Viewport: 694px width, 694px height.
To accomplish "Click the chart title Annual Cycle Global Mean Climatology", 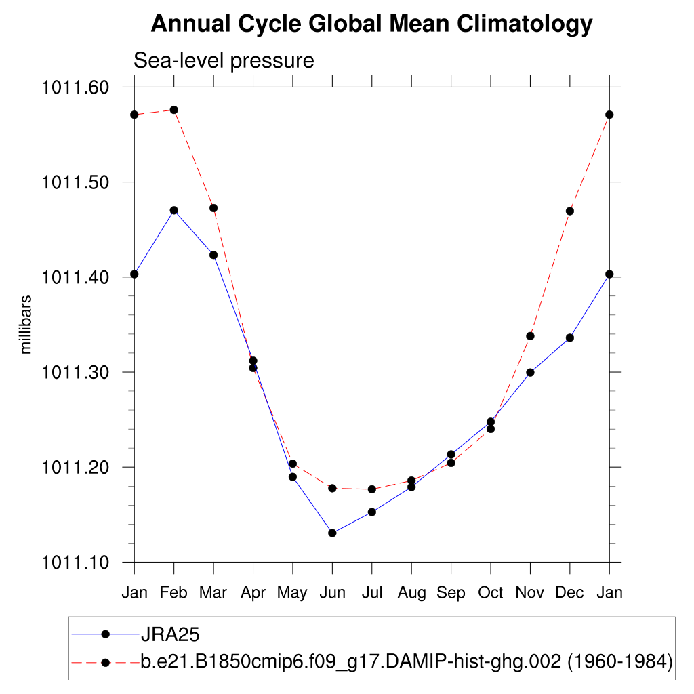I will [371, 24].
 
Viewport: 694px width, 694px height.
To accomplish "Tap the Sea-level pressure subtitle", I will [224, 60].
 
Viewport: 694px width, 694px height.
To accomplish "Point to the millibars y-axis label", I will [26, 324].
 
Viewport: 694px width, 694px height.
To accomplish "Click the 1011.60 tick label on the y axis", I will [75, 87].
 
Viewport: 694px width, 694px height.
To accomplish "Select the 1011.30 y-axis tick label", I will [75, 372].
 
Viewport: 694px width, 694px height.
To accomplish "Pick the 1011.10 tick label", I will [75, 562].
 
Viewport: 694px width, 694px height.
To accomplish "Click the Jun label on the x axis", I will [332, 592].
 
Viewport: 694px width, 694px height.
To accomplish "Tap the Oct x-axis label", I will [491, 592].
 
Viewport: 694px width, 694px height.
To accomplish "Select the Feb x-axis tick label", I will [174, 592].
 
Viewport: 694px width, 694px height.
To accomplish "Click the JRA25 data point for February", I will [174, 210].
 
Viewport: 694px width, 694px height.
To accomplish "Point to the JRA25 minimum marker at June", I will [332, 533].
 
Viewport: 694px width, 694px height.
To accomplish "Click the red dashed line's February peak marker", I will [174, 110].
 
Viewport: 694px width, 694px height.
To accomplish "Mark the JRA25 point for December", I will [570, 338].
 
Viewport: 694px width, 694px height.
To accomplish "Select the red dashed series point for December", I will [570, 211].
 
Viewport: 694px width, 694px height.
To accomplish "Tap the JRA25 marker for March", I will [213, 255].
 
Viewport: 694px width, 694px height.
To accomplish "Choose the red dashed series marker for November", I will [530, 335].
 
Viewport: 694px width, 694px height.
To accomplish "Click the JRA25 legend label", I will [169, 634].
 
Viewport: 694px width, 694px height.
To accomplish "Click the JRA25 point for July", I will [371, 512].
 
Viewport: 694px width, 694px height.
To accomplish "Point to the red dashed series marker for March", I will [213, 208].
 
